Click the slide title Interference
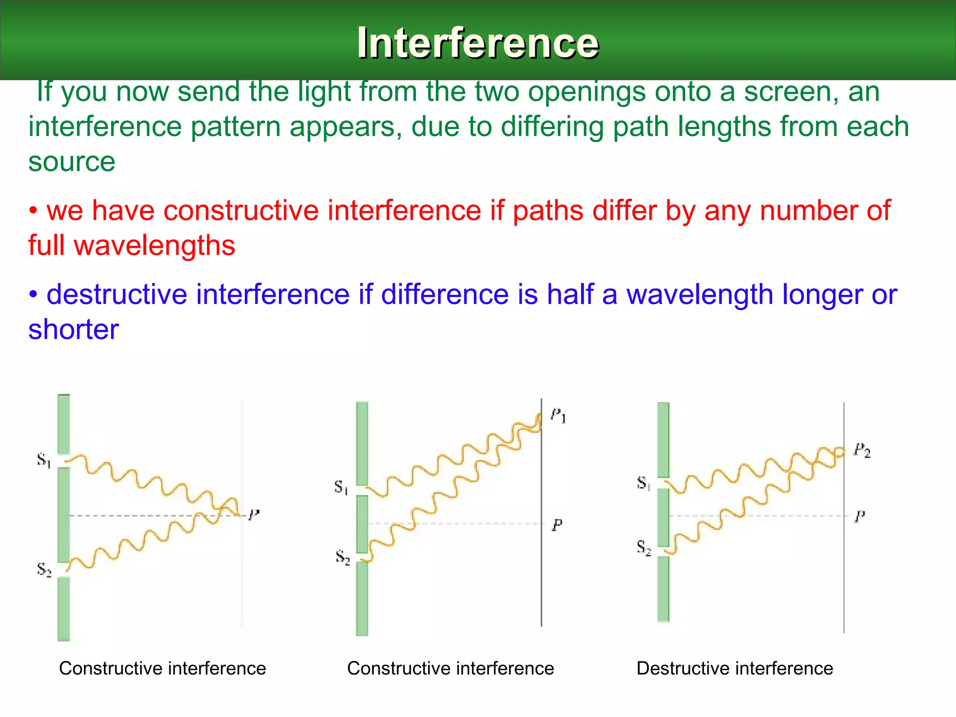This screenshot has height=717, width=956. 478,43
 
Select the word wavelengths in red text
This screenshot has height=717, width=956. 155,246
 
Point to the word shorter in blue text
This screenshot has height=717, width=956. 73,330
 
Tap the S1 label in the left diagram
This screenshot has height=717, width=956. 44,460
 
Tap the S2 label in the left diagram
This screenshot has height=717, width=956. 44,570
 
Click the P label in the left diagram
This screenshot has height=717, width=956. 253,515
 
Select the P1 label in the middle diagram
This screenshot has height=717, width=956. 558,415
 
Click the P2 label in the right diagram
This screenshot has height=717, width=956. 862,450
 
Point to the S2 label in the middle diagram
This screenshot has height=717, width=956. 343,557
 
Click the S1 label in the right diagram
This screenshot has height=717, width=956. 643,483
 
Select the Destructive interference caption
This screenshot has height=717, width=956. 735,668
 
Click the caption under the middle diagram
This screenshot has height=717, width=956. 450,668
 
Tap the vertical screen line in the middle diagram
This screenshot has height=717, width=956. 541,583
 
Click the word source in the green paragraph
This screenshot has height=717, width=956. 71,162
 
